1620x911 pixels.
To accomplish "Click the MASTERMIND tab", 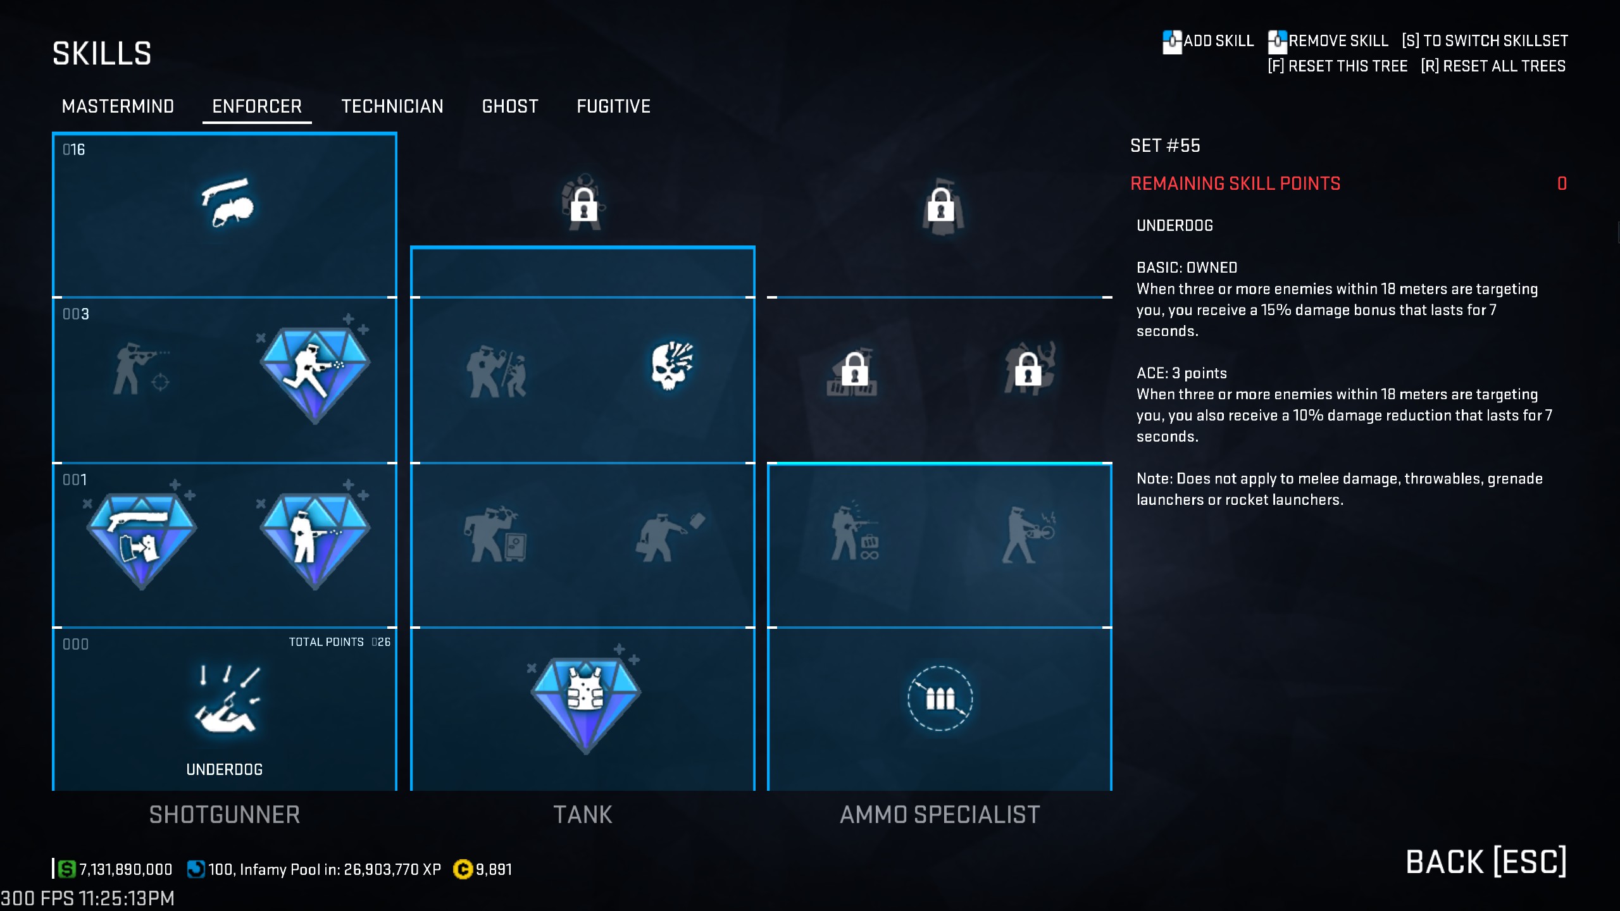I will pos(118,106).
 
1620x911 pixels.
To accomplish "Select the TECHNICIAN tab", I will pos(392,106).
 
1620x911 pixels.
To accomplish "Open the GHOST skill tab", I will pos(510,106).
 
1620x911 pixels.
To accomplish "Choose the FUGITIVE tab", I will pos(613,106).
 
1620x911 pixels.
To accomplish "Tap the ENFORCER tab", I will pos(257,106).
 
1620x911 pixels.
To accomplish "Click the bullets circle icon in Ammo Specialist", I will pos(940,698).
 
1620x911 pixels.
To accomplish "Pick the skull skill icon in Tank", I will pos(671,366).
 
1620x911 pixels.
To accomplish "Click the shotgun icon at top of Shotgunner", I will pos(227,202).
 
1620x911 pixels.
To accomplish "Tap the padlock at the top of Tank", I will pos(583,204).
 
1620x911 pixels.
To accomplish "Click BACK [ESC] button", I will pos(1486,862).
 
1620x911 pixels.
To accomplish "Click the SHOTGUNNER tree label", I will pos(225,815).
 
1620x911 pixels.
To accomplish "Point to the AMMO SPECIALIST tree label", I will pos(940,815).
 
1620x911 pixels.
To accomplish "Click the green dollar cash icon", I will pos(66,869).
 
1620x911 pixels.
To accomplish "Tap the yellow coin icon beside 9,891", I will pos(463,869).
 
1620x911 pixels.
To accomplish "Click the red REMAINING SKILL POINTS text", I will pos(1235,183).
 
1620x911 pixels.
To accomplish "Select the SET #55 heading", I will pos(1165,146).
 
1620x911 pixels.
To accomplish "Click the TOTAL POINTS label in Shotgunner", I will pos(327,642).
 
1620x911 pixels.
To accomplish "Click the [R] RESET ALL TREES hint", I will pos(1493,66).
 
